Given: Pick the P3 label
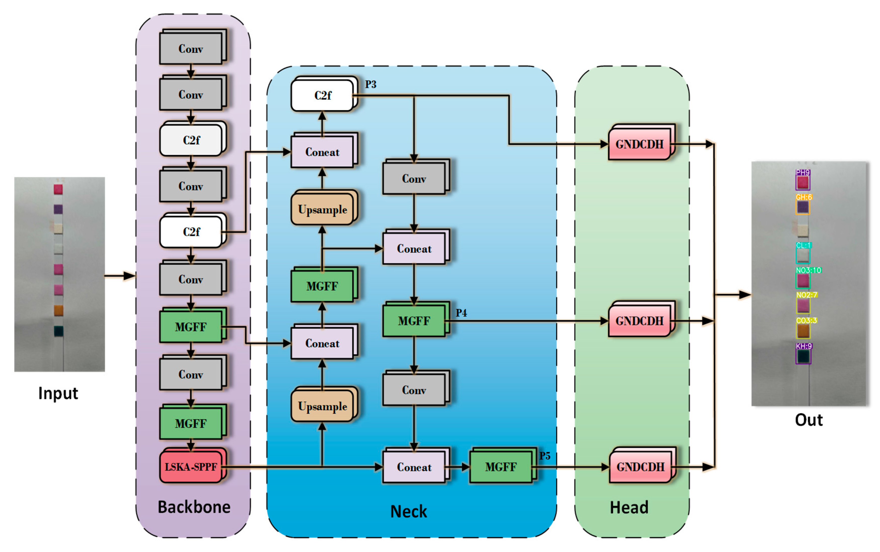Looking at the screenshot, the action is (x=371, y=84).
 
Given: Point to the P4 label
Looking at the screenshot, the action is (x=461, y=313).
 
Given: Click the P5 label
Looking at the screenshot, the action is (x=544, y=456).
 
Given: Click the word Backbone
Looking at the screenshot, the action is (x=194, y=507).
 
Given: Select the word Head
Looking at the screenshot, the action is (x=629, y=507).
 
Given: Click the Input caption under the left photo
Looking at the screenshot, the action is (x=58, y=394).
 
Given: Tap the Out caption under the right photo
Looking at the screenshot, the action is (x=809, y=420).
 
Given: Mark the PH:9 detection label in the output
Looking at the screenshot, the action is (x=803, y=172).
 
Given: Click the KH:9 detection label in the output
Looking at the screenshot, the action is (x=804, y=346).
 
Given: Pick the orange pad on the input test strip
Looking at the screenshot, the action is (x=58, y=310).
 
